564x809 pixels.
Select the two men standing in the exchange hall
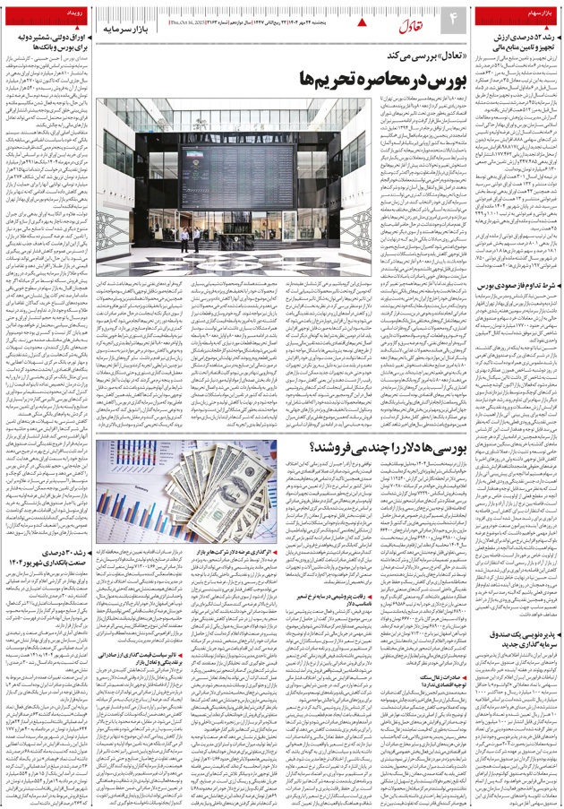[186, 241]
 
